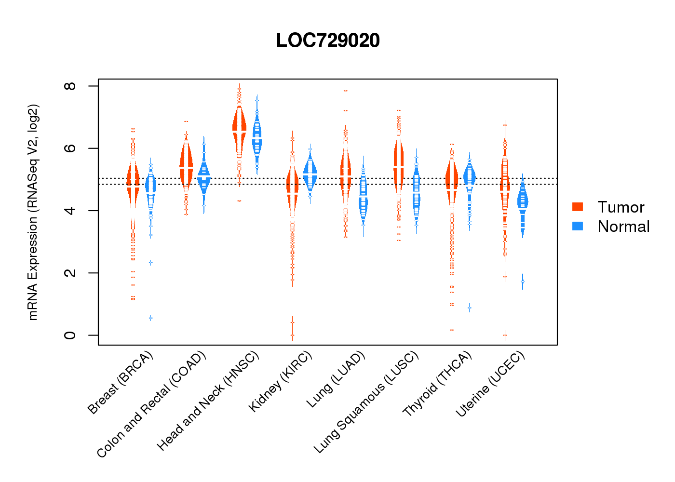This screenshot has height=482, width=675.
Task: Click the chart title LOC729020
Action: click(328, 40)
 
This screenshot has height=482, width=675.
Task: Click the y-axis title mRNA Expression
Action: click(33, 212)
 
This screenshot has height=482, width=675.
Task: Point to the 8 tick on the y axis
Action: click(70, 86)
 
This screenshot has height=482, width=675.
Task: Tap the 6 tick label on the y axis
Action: click(70, 148)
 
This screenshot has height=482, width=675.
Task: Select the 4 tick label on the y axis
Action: click(70, 211)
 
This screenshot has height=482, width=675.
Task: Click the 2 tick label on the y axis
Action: click(70, 273)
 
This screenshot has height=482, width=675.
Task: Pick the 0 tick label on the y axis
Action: click(70, 335)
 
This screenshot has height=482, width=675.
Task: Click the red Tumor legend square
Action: click(578, 207)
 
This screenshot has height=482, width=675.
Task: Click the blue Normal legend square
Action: click(578, 226)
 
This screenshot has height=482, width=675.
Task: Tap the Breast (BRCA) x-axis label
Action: click(121, 383)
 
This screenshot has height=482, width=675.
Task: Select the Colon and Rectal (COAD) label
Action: click(151, 404)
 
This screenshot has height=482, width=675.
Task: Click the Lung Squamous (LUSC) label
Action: click(366, 403)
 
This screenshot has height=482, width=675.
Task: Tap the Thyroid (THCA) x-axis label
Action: click(437, 384)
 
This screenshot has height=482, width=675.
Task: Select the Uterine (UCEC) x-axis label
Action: click(490, 384)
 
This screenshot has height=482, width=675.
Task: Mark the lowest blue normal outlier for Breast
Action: click(151, 318)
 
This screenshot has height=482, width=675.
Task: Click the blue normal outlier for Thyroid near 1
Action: click(469, 308)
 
